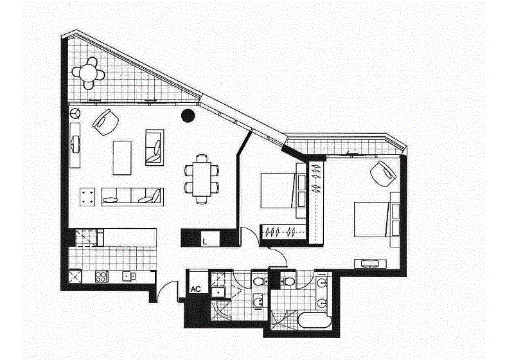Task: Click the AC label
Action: click(196, 289)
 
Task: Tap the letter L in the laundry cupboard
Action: click(204, 242)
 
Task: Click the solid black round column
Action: click(188, 116)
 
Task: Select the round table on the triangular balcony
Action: click(88, 73)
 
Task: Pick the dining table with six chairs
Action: click(202, 179)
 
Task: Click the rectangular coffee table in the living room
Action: click(122, 157)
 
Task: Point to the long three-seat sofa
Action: click(132, 197)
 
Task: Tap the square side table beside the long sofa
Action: click(87, 197)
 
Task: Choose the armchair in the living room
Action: click(106, 122)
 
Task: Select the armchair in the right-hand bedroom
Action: click(383, 174)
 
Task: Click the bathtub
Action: click(314, 320)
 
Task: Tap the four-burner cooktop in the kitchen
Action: click(102, 276)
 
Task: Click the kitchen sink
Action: click(128, 276)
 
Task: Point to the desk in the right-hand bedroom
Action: click(370, 264)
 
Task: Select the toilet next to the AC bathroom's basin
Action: click(259, 282)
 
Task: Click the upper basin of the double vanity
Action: click(323, 283)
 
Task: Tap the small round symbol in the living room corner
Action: click(75, 113)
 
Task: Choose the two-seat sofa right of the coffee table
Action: click(155, 148)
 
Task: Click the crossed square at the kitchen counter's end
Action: click(75, 276)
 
